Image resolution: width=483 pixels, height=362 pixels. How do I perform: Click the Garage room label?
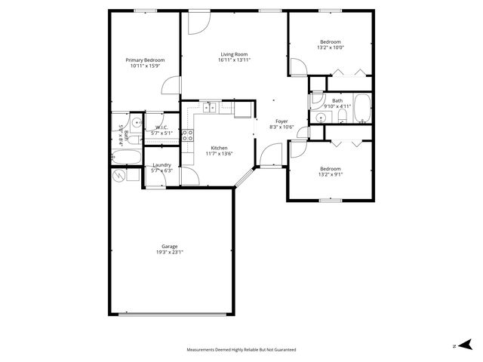coord(169,246)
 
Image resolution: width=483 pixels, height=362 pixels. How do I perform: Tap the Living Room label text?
coord(234,54)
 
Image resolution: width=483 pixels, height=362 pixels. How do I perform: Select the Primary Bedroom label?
coord(145,60)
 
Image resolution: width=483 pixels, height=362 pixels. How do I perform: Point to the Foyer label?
coord(281,121)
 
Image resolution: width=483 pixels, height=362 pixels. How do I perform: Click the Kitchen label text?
coord(220,148)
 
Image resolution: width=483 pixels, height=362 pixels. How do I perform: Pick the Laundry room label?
coord(162,165)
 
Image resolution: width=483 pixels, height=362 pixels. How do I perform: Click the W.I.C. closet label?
coord(162,127)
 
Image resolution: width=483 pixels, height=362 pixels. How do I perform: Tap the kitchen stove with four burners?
coord(187,137)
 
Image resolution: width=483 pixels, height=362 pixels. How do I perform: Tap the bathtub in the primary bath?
coord(126,158)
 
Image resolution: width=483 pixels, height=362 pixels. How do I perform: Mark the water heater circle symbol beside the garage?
coord(118,176)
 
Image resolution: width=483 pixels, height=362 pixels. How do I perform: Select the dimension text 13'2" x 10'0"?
coord(331,48)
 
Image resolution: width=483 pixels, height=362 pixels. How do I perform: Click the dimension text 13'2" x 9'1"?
coord(330,174)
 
